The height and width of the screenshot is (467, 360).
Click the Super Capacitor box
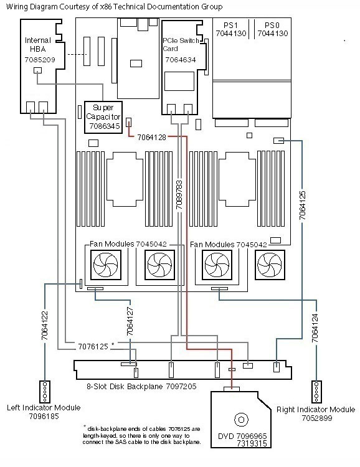coord(103,117)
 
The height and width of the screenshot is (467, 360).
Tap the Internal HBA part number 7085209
coord(40,60)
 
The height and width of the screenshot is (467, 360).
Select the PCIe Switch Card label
coord(181,44)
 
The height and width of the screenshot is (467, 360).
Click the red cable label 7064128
coord(152,138)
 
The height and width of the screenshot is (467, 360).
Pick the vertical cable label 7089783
coord(179,194)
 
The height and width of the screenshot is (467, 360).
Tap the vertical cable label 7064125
coord(303,205)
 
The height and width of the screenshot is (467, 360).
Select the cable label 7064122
coord(45,326)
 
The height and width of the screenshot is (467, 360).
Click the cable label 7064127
coord(130,321)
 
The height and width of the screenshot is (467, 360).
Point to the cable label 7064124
coord(315,328)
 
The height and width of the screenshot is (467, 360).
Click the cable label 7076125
coord(93,347)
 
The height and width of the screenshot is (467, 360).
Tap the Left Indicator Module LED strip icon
coord(45,392)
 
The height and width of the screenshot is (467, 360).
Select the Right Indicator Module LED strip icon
coord(316,392)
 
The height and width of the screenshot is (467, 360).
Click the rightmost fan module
coord(270,265)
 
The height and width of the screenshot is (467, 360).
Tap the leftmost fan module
coord(106,265)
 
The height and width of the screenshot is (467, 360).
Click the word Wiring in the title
coord(16,7)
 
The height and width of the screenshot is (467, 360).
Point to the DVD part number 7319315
coord(252,443)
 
